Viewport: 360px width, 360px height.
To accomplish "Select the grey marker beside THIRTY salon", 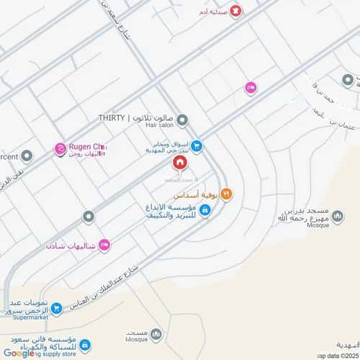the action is [183, 119].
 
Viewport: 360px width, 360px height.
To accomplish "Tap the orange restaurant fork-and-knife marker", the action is [226, 192].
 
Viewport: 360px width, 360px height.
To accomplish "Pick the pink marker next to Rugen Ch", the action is [59, 150].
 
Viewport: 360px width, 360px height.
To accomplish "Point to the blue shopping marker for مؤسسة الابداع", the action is [205, 210].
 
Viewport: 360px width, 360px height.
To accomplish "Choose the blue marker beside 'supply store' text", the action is [84, 346].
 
